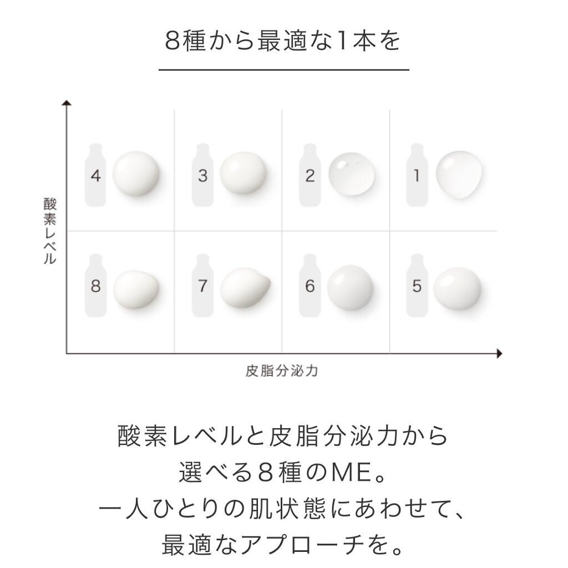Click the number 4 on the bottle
click(x=96, y=176)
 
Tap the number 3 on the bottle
click(x=202, y=176)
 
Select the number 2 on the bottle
click(x=310, y=176)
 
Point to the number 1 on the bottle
click(x=417, y=176)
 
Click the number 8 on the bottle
click(x=96, y=287)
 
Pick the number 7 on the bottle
click(x=202, y=287)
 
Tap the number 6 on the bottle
click(x=310, y=287)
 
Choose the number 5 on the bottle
click(x=417, y=287)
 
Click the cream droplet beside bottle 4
click(x=136, y=174)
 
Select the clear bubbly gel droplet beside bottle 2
click(x=352, y=174)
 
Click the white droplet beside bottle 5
click(x=457, y=287)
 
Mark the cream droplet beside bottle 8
click(x=136, y=288)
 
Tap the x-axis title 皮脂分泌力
click(x=281, y=371)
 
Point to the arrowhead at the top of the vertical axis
click(x=67, y=104)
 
